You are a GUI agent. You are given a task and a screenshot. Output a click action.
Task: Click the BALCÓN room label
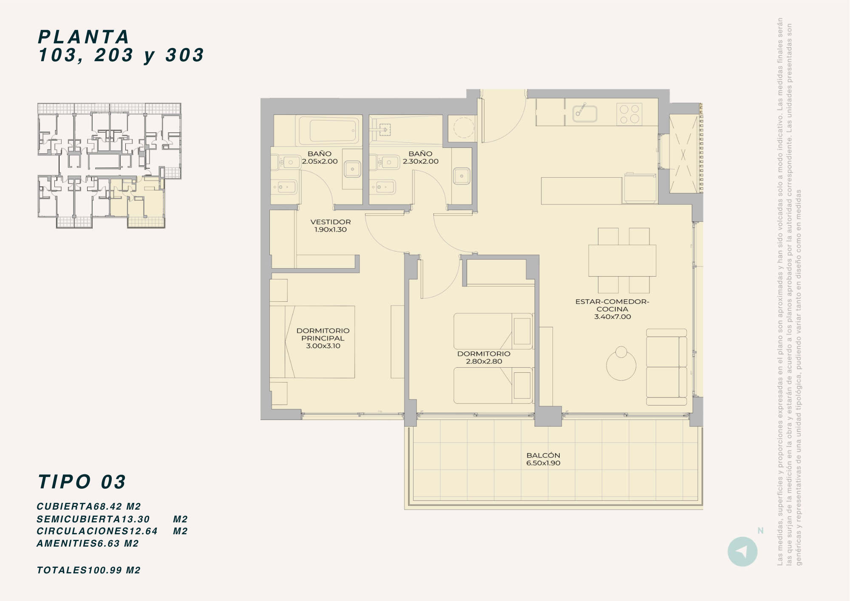[543, 455]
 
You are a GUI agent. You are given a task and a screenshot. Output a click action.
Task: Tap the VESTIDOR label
[331, 222]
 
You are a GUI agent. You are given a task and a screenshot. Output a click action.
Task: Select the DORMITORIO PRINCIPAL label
[323, 335]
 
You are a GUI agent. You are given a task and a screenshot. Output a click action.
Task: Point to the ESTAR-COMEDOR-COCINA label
[612, 305]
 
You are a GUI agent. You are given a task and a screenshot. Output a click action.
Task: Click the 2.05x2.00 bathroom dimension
[320, 162]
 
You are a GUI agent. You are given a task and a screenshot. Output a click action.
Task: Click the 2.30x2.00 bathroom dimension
[421, 162]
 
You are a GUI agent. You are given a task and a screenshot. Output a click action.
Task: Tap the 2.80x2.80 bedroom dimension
[484, 361]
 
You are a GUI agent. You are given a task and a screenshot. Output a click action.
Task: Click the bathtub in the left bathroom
[329, 130]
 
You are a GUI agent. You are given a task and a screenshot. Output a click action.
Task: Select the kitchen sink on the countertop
[585, 113]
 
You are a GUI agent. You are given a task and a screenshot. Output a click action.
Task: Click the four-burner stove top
[629, 114]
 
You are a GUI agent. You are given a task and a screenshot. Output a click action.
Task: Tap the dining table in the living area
[622, 261]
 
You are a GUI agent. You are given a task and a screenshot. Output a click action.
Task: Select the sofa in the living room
[666, 367]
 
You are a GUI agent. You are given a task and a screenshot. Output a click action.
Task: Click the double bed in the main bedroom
[312, 342]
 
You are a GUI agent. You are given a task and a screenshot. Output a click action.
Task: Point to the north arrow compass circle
[742, 552]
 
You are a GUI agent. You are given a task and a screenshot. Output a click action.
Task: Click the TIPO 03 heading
[82, 482]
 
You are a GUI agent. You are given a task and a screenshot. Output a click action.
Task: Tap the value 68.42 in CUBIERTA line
[108, 507]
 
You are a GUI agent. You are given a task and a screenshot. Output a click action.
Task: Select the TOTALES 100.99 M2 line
[88, 570]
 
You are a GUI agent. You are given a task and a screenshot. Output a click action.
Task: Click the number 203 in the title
[114, 55]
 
